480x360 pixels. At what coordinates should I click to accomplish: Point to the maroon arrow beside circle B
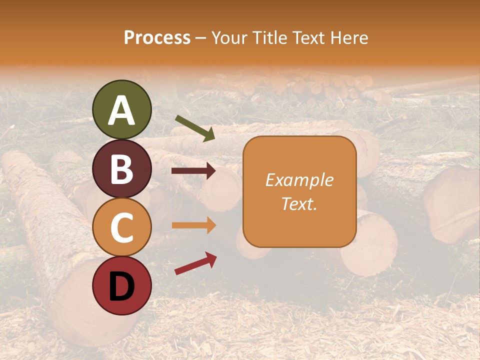[193, 171]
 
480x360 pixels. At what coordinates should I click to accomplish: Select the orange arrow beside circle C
[193, 225]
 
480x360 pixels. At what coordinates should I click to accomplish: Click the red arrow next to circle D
[195, 263]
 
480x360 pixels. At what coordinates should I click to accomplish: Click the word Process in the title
[157, 37]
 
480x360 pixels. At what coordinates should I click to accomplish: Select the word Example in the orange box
[299, 180]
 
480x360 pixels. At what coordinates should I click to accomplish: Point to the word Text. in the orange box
[299, 203]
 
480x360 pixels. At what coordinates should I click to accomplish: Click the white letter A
[122, 111]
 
